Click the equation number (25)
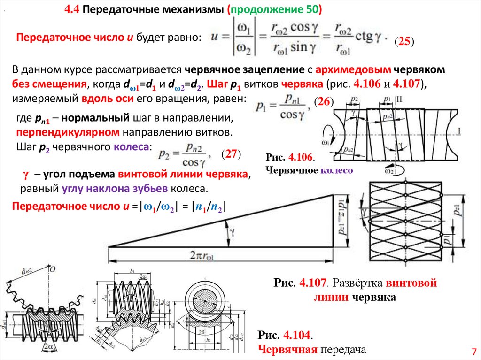pos(403,42)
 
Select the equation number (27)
pos(231,154)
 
